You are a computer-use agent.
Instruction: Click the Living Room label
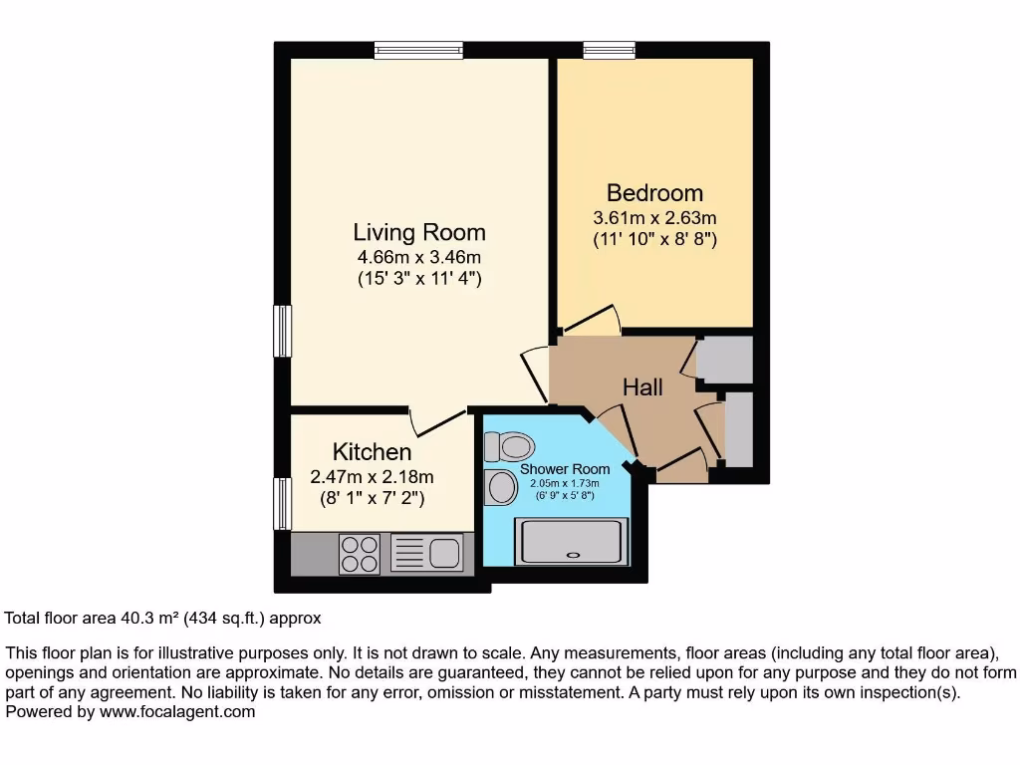[419, 232]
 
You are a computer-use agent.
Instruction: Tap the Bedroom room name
[654, 192]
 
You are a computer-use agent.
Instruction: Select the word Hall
[642, 387]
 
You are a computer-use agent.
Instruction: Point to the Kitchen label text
[372, 451]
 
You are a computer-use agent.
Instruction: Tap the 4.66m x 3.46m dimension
[419, 258]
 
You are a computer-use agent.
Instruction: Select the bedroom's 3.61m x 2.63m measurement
[654, 218]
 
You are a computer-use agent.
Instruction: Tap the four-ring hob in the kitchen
[359, 554]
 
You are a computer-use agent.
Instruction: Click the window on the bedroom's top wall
[609, 50]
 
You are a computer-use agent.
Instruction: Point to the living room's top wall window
[418, 50]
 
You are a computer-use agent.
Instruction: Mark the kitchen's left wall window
[283, 503]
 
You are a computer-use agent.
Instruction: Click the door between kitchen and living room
[438, 421]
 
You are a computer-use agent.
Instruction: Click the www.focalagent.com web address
[177, 712]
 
